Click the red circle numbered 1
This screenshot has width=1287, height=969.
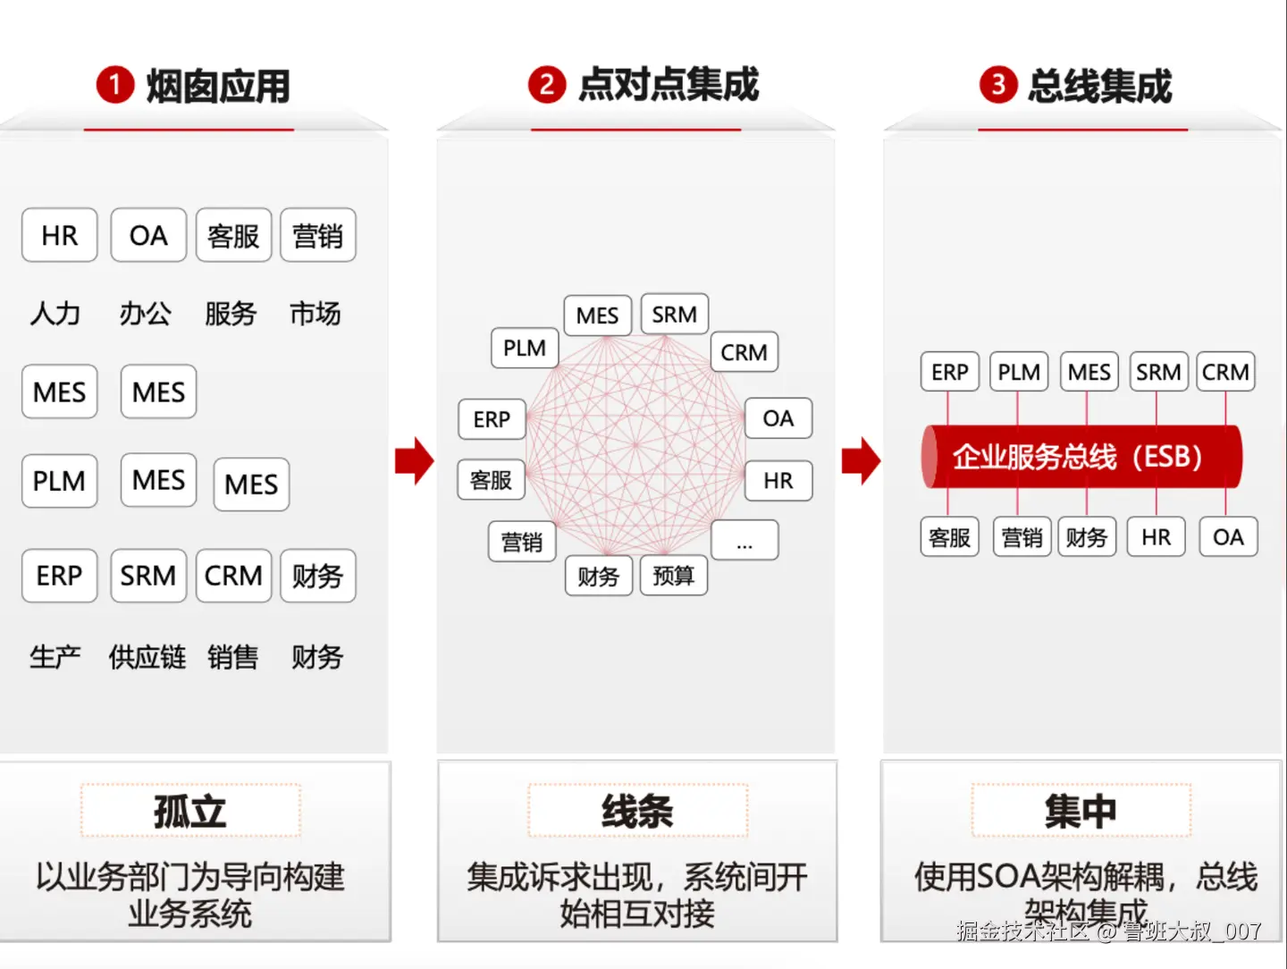click(x=114, y=86)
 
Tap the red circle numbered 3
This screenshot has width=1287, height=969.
click(x=998, y=86)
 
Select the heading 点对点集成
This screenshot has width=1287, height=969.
click(x=669, y=85)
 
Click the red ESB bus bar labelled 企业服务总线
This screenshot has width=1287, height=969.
click(x=1081, y=457)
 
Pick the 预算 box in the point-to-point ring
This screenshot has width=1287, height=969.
click(x=674, y=576)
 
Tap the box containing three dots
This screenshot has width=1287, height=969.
click(x=744, y=541)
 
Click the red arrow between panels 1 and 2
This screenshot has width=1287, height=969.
click(x=414, y=461)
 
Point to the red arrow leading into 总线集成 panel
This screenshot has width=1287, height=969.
click(x=861, y=461)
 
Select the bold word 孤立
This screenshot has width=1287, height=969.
click(x=190, y=811)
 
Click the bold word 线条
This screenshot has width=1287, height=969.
click(x=637, y=811)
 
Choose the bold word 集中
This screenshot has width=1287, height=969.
click(x=1081, y=811)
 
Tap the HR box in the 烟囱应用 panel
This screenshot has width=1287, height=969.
click(x=60, y=235)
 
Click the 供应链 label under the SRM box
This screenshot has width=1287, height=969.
click(x=147, y=657)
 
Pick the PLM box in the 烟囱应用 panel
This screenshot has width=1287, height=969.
click(x=60, y=481)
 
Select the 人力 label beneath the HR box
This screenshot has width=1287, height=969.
click(x=55, y=314)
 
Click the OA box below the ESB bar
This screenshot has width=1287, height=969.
click(x=1228, y=537)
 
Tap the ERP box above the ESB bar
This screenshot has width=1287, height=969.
click(x=950, y=372)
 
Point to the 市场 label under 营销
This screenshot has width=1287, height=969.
click(x=315, y=314)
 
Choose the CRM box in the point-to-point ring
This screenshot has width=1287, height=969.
click(x=744, y=352)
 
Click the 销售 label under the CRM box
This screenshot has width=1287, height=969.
click(x=232, y=657)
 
